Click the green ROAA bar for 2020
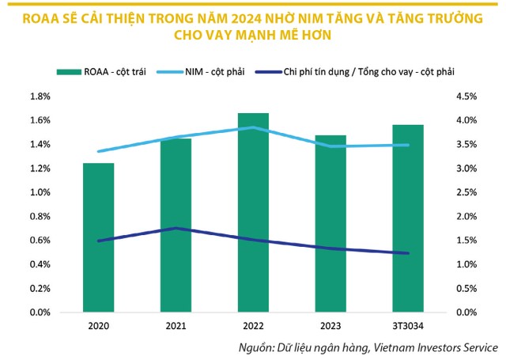99,237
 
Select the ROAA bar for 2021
176,225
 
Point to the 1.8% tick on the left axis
39,97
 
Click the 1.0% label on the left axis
39,192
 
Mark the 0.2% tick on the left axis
39,289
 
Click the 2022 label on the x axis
254,325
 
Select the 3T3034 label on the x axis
408,325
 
